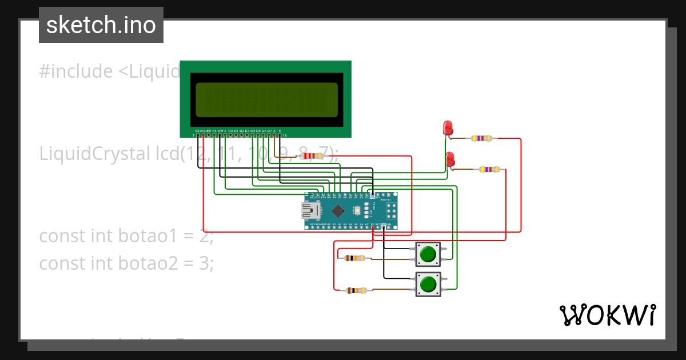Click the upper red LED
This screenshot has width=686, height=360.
click(x=448, y=127)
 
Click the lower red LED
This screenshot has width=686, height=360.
click(x=450, y=159)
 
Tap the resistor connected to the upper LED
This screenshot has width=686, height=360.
click(x=481, y=138)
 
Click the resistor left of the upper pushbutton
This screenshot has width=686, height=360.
click(x=355, y=258)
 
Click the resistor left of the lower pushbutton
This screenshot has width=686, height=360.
click(x=356, y=290)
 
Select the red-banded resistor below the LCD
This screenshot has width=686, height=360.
click(x=312, y=155)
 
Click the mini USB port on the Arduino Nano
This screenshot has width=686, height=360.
click(x=311, y=211)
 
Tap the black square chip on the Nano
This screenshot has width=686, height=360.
click(x=338, y=211)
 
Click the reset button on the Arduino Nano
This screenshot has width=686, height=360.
click(x=356, y=210)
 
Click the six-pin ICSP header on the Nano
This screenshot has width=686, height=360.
click(x=392, y=211)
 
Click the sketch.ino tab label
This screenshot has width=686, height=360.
click(x=101, y=25)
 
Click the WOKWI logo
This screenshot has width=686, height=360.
click(x=607, y=315)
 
